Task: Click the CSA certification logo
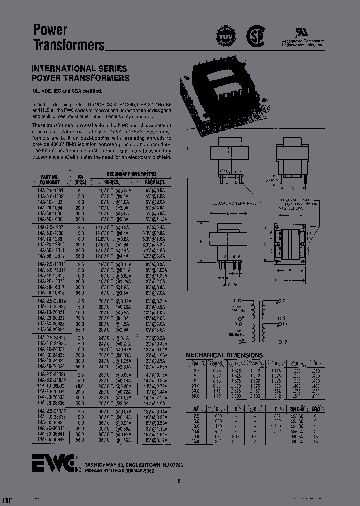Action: click(256, 36)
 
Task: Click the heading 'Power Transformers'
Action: click(68, 37)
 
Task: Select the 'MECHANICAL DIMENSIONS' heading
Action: click(224, 355)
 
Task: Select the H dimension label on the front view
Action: click(201, 241)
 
